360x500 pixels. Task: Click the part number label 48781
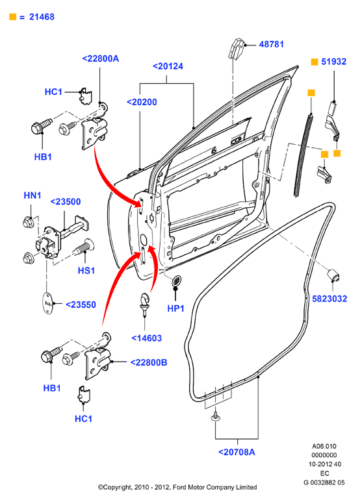click(271, 44)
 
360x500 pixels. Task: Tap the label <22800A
click(101, 58)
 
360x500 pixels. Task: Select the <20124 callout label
click(168, 66)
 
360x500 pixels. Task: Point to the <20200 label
click(142, 102)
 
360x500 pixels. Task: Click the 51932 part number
click(334, 62)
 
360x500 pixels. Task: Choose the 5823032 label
click(329, 299)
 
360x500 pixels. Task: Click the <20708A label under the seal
click(237, 452)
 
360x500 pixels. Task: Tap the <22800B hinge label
click(149, 362)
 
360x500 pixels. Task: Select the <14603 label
click(147, 338)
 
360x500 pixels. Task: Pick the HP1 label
click(176, 308)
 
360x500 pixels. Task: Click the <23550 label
click(81, 305)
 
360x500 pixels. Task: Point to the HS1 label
click(86, 270)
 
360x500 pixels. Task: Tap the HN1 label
click(32, 195)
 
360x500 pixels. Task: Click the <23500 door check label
click(66, 201)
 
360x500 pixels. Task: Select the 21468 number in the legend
click(42, 17)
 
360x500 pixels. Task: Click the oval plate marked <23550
click(48, 303)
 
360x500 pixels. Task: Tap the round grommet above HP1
click(175, 281)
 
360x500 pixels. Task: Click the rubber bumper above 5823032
click(333, 275)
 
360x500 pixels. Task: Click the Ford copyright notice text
click(177, 487)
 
